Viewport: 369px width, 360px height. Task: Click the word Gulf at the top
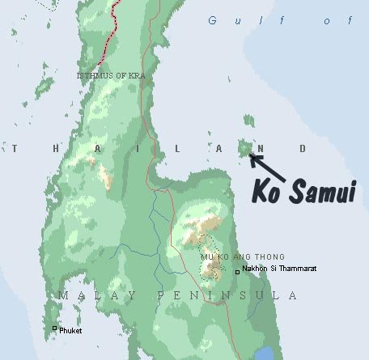tap(229, 20)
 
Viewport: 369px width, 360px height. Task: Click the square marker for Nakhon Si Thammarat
tap(237, 272)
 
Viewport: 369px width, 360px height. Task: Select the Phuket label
tap(70, 329)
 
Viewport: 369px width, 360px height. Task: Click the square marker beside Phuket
tap(55, 328)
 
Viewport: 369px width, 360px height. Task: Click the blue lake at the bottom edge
tap(265, 353)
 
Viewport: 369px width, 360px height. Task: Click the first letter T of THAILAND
tap(15, 148)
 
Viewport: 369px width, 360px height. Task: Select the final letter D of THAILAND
tap(303, 148)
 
